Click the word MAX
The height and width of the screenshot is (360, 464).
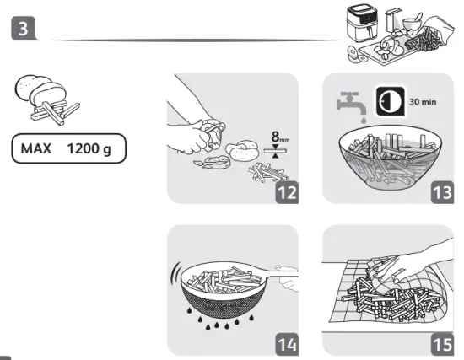pos(38,149)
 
